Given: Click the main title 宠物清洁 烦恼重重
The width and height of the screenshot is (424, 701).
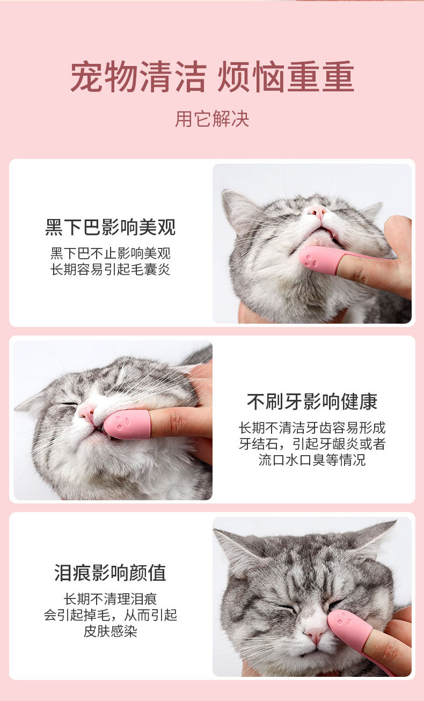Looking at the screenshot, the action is pyautogui.click(x=212, y=77).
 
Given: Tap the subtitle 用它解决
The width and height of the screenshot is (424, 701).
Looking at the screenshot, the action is pyautogui.click(x=212, y=119).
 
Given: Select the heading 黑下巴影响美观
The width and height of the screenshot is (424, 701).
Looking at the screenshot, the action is pyautogui.click(x=111, y=227).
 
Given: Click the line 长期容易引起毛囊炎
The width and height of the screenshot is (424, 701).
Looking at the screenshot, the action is pyautogui.click(x=111, y=269).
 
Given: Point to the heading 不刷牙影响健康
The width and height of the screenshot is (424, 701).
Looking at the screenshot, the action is pyautogui.click(x=312, y=401).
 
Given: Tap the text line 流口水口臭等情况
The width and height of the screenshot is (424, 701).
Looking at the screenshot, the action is pyautogui.click(x=312, y=459).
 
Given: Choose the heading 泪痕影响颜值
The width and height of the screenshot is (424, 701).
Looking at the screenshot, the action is pyautogui.click(x=111, y=572).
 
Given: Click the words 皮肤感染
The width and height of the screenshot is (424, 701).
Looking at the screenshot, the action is pyautogui.click(x=111, y=631).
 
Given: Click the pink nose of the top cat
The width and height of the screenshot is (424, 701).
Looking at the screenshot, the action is pyautogui.click(x=317, y=212).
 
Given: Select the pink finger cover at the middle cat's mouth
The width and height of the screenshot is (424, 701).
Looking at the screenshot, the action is pyautogui.click(x=127, y=424).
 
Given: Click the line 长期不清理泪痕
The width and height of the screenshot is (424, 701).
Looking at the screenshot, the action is pyautogui.click(x=111, y=598).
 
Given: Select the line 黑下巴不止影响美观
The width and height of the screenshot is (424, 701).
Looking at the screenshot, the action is pyautogui.click(x=111, y=253).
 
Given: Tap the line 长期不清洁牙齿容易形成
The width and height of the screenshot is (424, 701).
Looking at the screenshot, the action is pyautogui.click(x=312, y=427).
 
